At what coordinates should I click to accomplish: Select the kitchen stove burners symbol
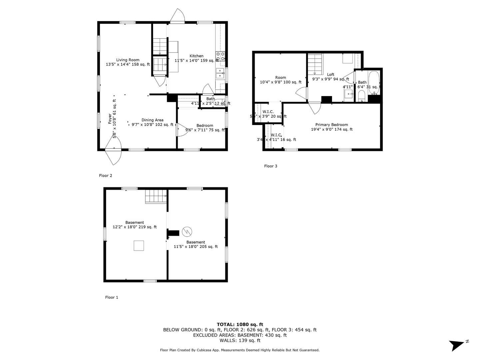click(x=220, y=56)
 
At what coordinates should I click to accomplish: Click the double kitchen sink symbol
click(x=220, y=73)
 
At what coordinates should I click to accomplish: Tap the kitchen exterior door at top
click(x=177, y=16)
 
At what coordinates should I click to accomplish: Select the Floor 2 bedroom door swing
click(x=182, y=130)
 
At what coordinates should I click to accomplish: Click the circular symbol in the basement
click(x=186, y=231)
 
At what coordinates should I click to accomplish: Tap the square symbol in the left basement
click(x=139, y=246)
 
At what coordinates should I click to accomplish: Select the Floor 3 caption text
click(x=270, y=166)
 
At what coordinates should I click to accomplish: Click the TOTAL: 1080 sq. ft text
click(x=240, y=324)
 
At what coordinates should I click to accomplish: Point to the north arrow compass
click(x=457, y=345)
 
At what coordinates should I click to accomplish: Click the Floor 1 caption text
click(x=112, y=297)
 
